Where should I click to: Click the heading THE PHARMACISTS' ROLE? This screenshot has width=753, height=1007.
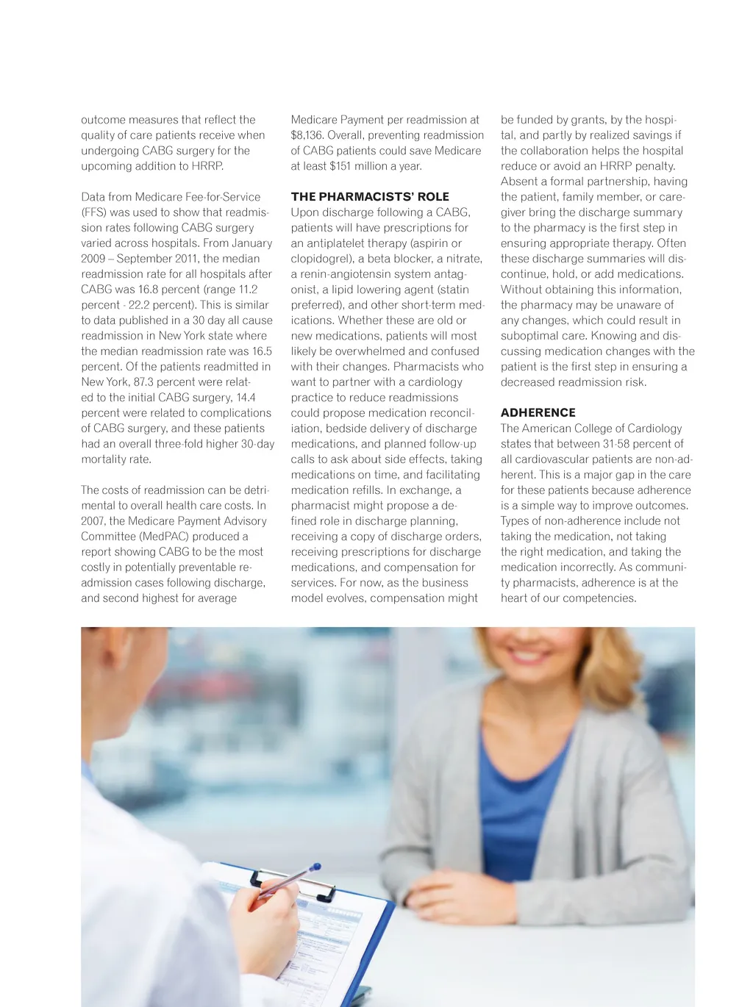click(x=370, y=197)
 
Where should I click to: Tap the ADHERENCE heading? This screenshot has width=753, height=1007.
click(x=538, y=413)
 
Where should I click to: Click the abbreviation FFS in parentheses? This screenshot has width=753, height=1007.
click(x=93, y=212)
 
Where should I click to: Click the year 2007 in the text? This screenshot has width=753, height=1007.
click(x=93, y=521)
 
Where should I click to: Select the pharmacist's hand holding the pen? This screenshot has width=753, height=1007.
click(x=263, y=919)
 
